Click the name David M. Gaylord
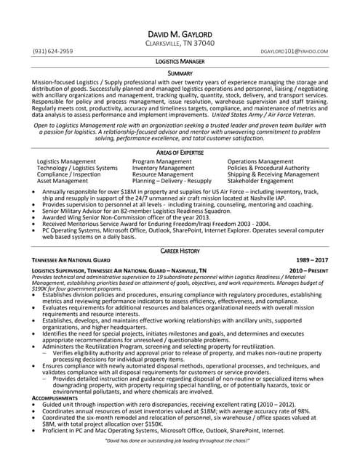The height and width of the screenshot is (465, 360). click(180, 35)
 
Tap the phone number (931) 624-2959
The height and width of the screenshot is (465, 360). click(52, 52)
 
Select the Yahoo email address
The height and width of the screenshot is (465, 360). click(294, 52)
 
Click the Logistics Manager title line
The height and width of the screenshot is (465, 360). click(180, 62)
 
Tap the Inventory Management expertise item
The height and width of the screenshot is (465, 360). click(163, 168)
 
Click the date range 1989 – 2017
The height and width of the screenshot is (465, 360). click(312, 259)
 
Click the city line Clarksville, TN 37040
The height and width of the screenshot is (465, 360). click(180, 44)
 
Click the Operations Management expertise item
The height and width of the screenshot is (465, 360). click(260, 161)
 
